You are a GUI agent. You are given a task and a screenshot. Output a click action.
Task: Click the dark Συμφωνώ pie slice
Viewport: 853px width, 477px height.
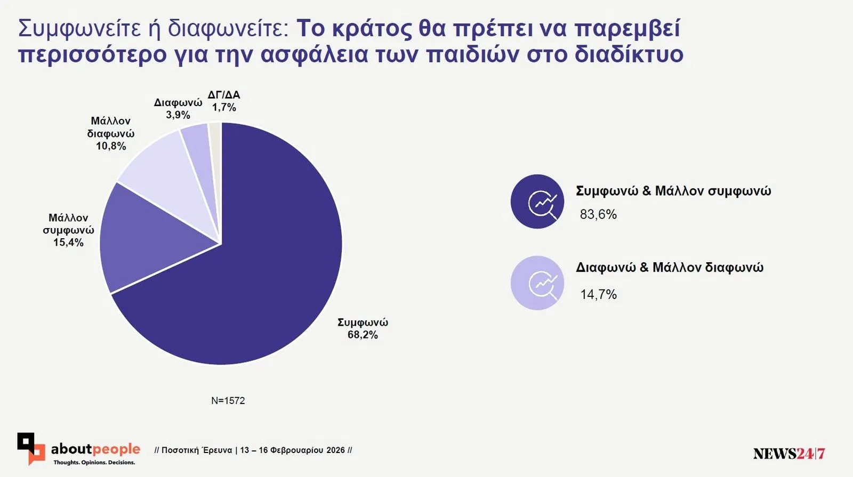[256, 277]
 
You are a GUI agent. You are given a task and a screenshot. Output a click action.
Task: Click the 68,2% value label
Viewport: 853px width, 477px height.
[363, 335]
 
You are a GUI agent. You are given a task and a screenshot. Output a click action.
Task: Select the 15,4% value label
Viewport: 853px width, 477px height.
[68, 242]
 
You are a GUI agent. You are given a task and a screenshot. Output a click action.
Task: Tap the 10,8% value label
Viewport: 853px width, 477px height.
[111, 146]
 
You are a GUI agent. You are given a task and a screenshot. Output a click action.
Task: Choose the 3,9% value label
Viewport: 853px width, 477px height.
[178, 115]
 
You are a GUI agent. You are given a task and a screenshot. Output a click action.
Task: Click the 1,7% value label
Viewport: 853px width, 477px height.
[224, 108]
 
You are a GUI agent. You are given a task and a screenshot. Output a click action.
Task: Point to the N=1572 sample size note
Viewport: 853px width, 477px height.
[228, 401]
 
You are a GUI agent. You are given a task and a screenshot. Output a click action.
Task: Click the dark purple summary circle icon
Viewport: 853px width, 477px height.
[537, 201]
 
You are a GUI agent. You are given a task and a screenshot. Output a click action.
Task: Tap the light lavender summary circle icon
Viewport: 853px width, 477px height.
[537, 283]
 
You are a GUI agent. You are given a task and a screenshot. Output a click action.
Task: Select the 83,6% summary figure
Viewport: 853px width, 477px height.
[598, 215]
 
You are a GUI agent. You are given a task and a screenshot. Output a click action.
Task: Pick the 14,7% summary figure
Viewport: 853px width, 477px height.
[598, 295]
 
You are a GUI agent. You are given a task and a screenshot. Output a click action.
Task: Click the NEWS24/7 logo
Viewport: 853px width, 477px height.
[789, 454]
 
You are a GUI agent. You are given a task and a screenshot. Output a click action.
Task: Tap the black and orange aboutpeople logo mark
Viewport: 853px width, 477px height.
[31, 448]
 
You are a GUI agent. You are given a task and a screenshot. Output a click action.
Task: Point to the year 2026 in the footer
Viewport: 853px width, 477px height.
[335, 450]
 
